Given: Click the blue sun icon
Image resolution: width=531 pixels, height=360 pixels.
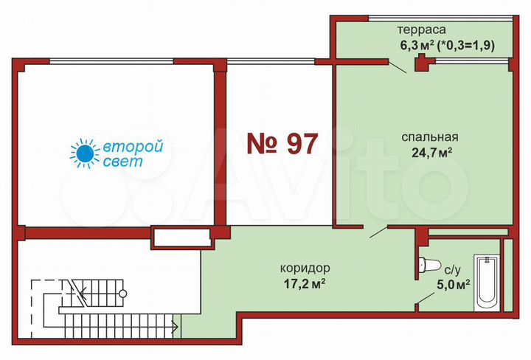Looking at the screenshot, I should coord(84,152).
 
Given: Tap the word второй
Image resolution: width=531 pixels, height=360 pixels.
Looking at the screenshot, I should coord(133,146).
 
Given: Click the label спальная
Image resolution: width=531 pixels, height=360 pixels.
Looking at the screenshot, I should coord(431,136).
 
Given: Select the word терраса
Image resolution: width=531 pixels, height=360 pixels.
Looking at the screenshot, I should coord(421,30).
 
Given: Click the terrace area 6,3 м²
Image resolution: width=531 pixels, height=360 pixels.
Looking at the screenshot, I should coord(416,45).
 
